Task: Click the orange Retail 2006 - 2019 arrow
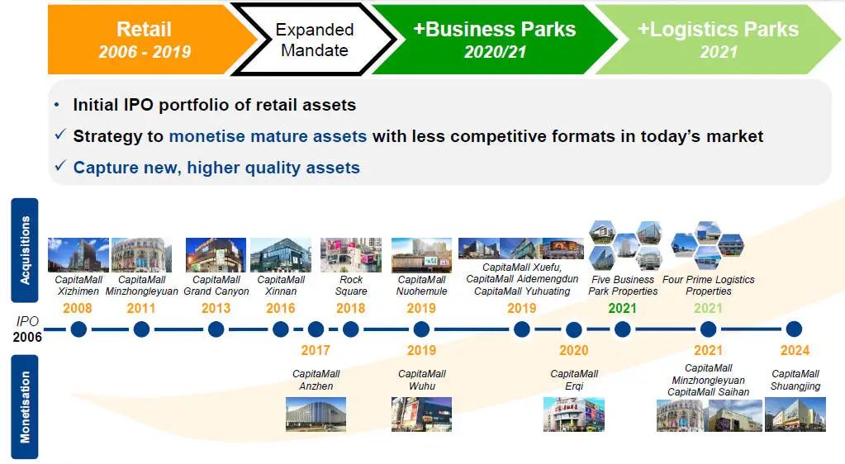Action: pyautogui.click(x=145, y=40)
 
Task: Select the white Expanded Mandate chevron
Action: pyautogui.click(x=315, y=40)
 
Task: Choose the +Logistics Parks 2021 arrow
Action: pyautogui.click(x=718, y=40)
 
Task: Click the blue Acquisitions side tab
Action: pyautogui.click(x=25, y=250)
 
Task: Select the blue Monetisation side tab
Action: pyautogui.click(x=25, y=407)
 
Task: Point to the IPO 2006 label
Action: pyautogui.click(x=27, y=329)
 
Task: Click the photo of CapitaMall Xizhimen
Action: pyautogui.click(x=78, y=255)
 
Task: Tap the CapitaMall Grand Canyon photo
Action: pyautogui.click(x=216, y=255)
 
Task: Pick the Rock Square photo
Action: pyautogui.click(x=351, y=255)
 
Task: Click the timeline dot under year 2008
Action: pyautogui.click(x=78, y=329)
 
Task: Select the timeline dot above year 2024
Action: pyautogui.click(x=794, y=329)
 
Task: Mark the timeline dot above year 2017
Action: pyautogui.click(x=316, y=329)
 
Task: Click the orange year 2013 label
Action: pyautogui.click(x=216, y=308)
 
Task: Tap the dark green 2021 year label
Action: pyautogui.click(x=623, y=308)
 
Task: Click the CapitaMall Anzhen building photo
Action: pyautogui.click(x=316, y=414)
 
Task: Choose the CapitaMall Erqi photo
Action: pyautogui.click(x=574, y=414)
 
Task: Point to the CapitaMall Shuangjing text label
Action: pyautogui.click(x=795, y=380)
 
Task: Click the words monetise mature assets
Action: pyautogui.click(x=268, y=136)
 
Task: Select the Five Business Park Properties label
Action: pyautogui.click(x=623, y=286)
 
